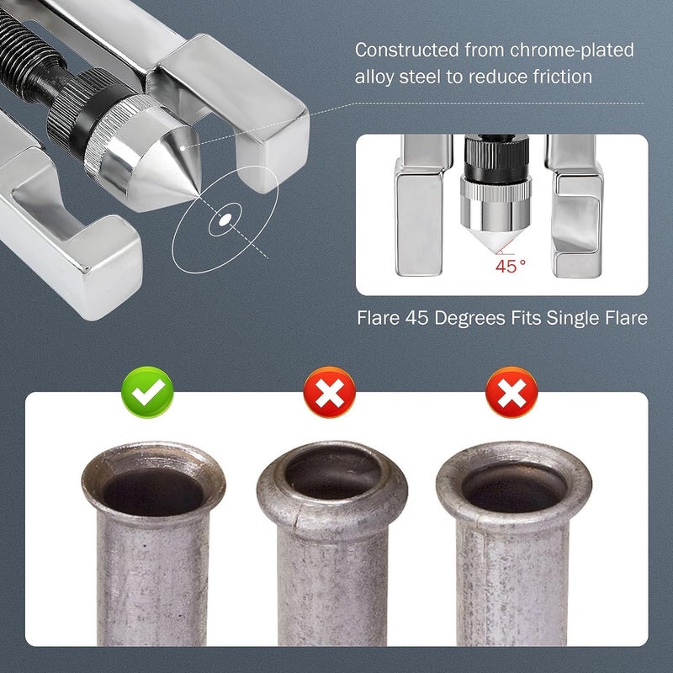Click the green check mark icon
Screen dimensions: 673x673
(147, 392)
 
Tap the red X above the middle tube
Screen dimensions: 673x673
(329, 392)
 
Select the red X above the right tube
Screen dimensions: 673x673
(511, 392)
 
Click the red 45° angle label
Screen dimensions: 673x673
(511, 267)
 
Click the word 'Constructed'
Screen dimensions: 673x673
(407, 50)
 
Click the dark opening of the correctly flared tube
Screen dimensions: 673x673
(153, 491)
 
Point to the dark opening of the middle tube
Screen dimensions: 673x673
(332, 472)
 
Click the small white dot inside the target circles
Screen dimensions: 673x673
(225, 220)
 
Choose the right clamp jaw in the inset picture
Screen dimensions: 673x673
(575, 206)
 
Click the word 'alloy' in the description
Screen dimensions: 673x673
(374, 77)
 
